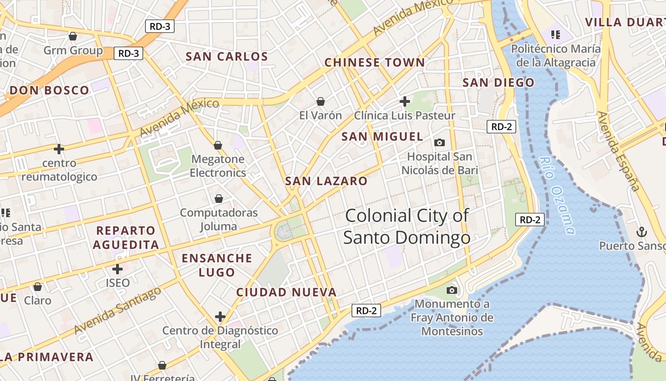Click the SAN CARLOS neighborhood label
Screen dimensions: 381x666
227,57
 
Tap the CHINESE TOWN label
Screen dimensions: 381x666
374,62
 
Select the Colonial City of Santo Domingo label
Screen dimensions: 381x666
407,226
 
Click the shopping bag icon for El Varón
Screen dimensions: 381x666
321,101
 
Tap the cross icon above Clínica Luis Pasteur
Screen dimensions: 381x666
405,101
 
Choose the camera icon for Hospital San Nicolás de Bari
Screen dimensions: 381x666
440,142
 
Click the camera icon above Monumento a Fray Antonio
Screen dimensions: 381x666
452,290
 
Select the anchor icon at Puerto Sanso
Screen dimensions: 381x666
642,232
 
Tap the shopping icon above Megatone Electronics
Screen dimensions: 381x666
218,145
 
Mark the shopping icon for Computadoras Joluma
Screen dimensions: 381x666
219,199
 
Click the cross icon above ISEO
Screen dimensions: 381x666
118,269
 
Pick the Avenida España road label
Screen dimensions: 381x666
617,151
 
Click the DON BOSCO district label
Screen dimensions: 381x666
49,90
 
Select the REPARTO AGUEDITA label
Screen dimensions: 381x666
126,238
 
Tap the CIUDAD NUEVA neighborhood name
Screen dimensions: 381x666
286,292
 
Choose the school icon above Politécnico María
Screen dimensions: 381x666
555,34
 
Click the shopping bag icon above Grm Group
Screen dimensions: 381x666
73,36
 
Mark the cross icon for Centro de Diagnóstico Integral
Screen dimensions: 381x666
220,316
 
